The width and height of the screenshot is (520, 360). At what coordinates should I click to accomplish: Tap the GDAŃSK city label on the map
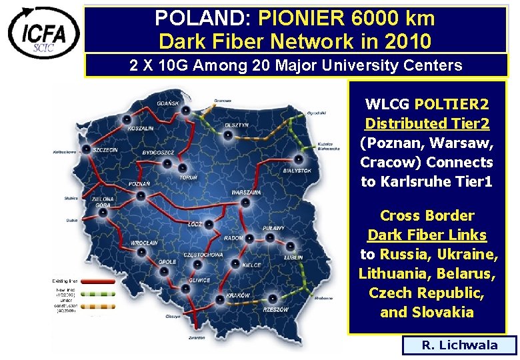tap(167, 103)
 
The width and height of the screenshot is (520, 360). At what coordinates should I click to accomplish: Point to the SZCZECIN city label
tap(105, 150)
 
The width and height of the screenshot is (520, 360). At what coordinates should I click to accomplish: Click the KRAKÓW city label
tap(237, 295)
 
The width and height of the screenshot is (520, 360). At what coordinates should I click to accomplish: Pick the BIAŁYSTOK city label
tap(297, 170)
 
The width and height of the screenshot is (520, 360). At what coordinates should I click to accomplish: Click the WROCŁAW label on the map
tap(144, 243)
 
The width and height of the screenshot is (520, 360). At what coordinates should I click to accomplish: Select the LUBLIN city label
tap(293, 257)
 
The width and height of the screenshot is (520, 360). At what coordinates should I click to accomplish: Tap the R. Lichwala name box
tap(459, 345)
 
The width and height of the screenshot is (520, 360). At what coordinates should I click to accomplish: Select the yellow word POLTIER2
tap(451, 105)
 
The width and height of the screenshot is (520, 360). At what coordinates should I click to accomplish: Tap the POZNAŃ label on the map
tap(139, 184)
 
